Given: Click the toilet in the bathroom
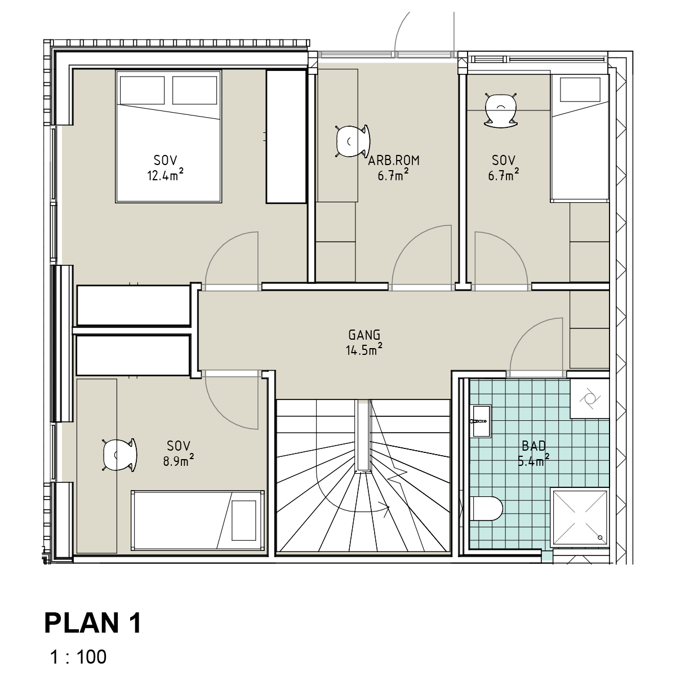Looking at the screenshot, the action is click(x=487, y=508).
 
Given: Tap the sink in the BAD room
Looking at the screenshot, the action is click(x=482, y=421).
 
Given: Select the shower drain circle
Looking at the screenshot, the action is click(x=600, y=537).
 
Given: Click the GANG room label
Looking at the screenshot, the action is click(x=364, y=335).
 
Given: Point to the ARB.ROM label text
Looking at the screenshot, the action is click(x=394, y=161).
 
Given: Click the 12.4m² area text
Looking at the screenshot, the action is click(x=165, y=174).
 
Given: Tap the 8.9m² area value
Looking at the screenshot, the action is click(x=178, y=460).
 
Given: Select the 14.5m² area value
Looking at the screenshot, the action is click(x=364, y=349).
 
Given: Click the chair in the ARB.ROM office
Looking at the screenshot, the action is click(x=353, y=141).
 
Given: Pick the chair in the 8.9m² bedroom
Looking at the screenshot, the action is click(x=119, y=455).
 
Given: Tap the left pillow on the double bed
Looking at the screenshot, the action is click(x=142, y=90).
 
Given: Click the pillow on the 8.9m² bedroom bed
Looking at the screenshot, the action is click(x=244, y=521).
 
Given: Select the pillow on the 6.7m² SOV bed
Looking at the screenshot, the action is click(x=580, y=90).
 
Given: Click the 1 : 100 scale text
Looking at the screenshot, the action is click(x=78, y=657).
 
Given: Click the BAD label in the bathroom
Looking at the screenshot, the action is click(x=533, y=446).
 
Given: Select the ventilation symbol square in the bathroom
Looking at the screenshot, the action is click(x=589, y=398).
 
